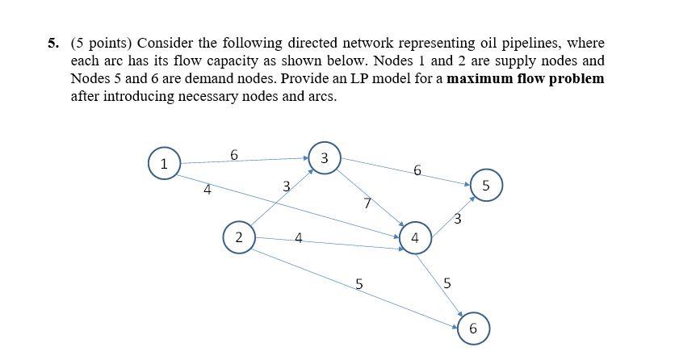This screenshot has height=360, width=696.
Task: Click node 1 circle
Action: point(164,164)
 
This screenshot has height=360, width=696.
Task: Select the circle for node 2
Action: point(238,237)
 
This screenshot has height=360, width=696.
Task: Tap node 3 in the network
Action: point(324,158)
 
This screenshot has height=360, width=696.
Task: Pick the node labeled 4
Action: point(415,238)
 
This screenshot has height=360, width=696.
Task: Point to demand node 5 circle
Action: point(485,185)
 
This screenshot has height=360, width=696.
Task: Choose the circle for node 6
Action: point(472,329)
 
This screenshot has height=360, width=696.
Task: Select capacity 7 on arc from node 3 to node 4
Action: point(367,204)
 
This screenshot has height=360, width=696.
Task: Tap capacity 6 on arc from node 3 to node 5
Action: point(417,170)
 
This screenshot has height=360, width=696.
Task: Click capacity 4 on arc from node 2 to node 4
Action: point(299,238)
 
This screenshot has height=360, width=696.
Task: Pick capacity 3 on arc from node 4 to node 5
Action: point(457,218)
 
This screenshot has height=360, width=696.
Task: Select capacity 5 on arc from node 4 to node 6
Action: point(447,283)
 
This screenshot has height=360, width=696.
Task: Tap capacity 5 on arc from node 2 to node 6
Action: point(359,284)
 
